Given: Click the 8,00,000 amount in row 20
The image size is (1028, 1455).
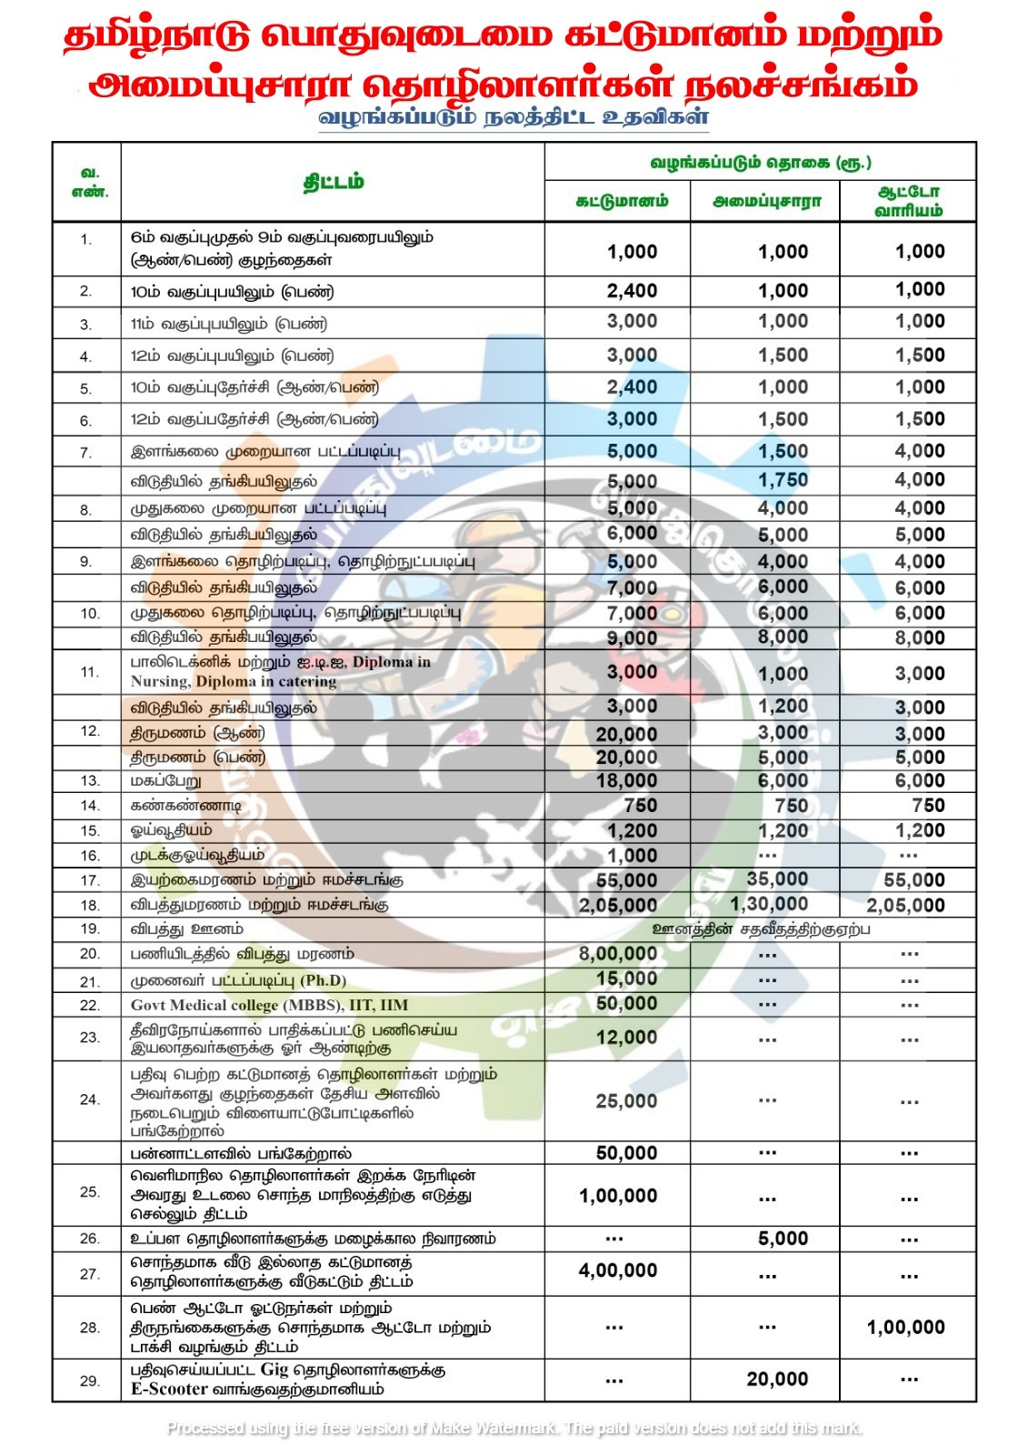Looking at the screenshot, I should tap(618, 953).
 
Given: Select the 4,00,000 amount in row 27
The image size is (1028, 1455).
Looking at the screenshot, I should tap(618, 1270).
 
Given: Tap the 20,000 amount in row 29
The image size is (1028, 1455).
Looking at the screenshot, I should tap(777, 1379).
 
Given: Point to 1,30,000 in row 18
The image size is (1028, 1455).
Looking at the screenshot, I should tap(769, 904).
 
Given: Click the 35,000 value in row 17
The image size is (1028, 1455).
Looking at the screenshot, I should tap(777, 878).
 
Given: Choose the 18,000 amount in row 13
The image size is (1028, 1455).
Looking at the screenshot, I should tap(626, 780).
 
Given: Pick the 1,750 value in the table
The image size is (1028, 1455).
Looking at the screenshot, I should tap(783, 480).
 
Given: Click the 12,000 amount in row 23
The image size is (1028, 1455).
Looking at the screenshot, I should tap(626, 1037).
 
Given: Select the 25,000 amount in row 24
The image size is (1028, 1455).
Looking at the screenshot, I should tap(626, 1100).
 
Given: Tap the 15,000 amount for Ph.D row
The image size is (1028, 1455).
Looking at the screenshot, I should tap(626, 978).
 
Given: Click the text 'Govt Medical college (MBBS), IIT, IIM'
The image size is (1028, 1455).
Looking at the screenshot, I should tap(269, 1005).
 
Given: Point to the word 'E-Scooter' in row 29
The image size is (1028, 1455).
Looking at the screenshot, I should tap(169, 1389).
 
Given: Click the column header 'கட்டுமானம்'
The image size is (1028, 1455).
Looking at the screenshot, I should tap(622, 201).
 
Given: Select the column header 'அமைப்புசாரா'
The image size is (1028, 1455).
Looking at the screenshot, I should tap(766, 201).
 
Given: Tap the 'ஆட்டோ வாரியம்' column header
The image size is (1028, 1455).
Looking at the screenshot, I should tap(908, 201).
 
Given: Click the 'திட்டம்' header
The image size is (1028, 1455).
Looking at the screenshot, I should tap(333, 182).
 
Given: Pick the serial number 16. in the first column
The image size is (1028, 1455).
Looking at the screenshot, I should tap(89, 856).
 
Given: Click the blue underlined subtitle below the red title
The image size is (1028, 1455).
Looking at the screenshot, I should tap(514, 117).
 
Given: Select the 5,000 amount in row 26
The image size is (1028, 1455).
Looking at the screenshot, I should tap(783, 1238).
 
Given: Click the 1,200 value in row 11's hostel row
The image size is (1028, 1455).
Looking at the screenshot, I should tap(783, 707).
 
